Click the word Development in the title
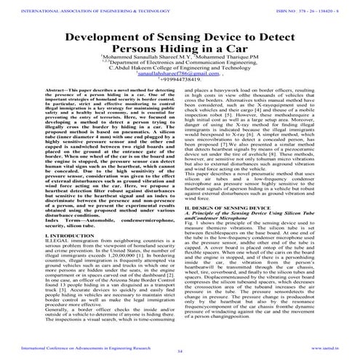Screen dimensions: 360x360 tap(100, 40)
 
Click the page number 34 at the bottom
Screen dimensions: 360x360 tap(180, 352)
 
